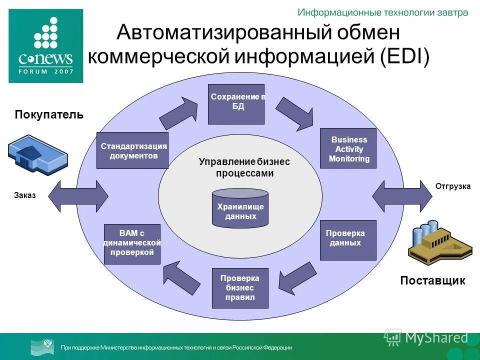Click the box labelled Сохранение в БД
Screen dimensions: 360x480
click(236, 104)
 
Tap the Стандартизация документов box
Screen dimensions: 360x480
click(132, 150)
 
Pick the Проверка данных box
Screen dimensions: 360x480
click(347, 240)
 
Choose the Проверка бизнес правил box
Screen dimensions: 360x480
click(240, 288)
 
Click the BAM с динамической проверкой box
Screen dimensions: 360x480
click(132, 244)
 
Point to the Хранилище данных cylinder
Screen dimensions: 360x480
click(240, 207)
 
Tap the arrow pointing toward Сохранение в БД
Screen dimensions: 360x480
click(178, 113)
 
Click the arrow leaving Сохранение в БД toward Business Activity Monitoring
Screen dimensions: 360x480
click(295, 113)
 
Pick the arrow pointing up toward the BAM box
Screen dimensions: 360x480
click(182, 279)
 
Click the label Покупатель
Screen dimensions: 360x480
click(49, 115)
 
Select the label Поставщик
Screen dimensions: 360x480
click(432, 280)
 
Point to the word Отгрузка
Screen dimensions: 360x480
click(453, 186)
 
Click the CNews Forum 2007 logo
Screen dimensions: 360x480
click(45, 46)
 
